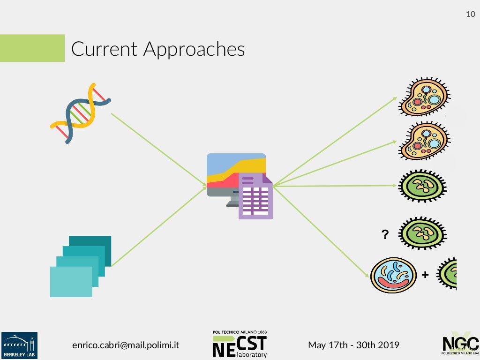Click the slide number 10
pyautogui.click(x=470, y=15)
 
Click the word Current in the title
pyautogui.click(x=104, y=49)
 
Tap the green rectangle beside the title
pyautogui.click(x=32, y=48)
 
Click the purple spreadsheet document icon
pyautogui.click(x=255, y=196)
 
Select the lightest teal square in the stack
pyautogui.click(x=71, y=281)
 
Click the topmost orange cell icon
pyautogui.click(x=424, y=97)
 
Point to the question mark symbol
pyautogui.click(x=385, y=234)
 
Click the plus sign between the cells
pyautogui.click(x=425, y=275)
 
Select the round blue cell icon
pyautogui.click(x=393, y=275)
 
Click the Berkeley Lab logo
pyautogui.click(x=19, y=345)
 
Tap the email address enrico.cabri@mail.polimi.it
pyautogui.click(x=125, y=345)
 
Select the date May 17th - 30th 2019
pyautogui.click(x=353, y=345)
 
